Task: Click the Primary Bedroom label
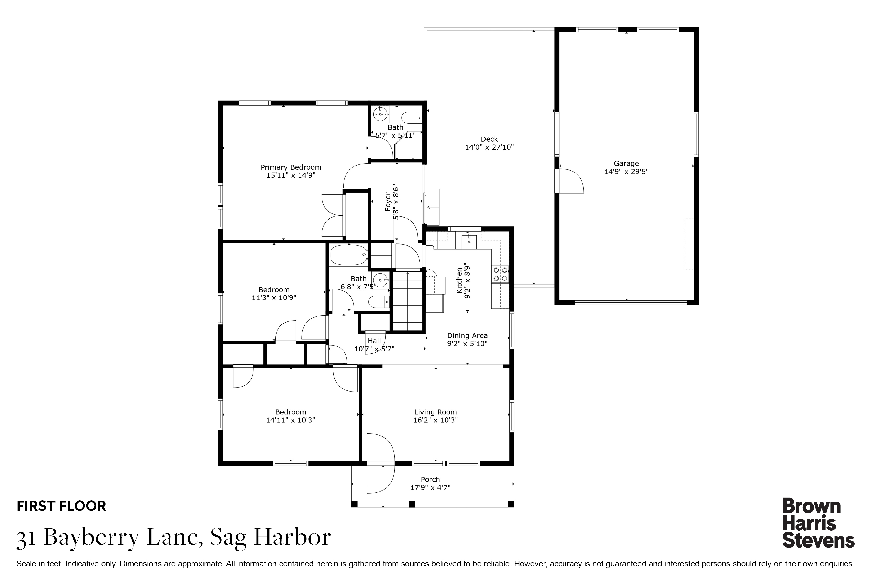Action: (x=291, y=167)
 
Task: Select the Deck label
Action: (x=489, y=139)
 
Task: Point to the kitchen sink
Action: (x=469, y=242)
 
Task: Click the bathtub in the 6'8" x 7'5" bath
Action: (x=348, y=255)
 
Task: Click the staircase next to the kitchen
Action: (x=408, y=301)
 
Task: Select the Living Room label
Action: (x=435, y=412)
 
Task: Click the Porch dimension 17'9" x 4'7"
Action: (x=430, y=487)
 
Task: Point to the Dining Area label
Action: (x=467, y=335)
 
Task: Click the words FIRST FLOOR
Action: (x=62, y=506)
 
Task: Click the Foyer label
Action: (x=388, y=202)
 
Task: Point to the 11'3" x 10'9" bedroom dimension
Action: (x=274, y=297)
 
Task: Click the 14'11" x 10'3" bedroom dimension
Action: (x=291, y=420)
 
